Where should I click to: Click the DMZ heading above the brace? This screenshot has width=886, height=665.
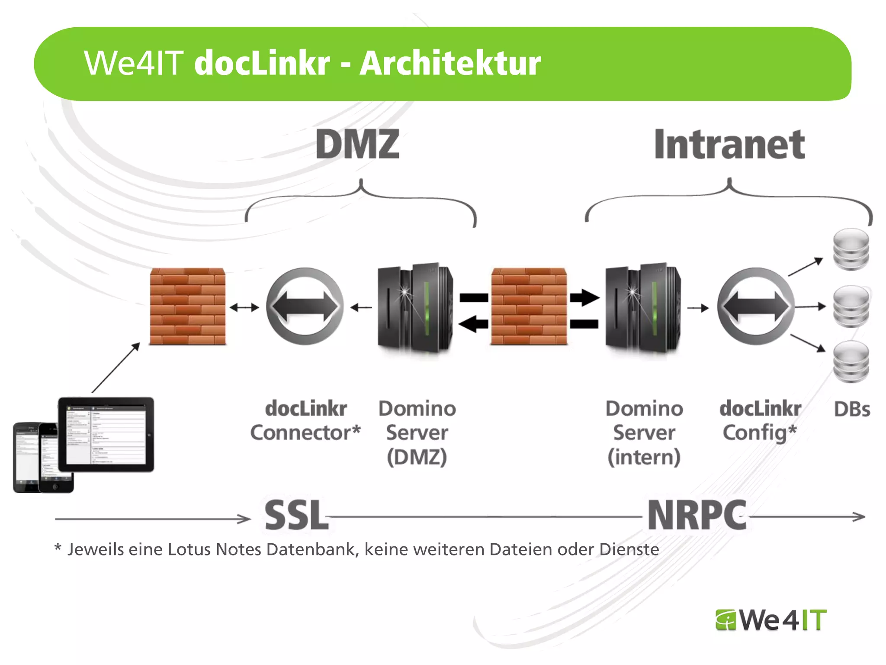click(x=357, y=145)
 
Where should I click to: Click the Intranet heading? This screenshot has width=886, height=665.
click(x=729, y=145)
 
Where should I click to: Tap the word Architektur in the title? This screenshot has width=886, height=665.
click(x=450, y=64)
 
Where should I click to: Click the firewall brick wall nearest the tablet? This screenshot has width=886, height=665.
click(x=187, y=307)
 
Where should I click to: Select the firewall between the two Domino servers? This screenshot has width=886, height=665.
click(x=529, y=307)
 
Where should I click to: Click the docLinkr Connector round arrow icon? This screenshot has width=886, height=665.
click(x=305, y=307)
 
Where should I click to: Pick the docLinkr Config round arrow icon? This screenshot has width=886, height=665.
click(x=755, y=307)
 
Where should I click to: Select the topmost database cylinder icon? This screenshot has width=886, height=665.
click(x=851, y=249)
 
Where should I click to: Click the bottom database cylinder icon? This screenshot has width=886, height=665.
click(x=851, y=362)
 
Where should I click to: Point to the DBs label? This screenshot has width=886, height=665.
click(x=851, y=410)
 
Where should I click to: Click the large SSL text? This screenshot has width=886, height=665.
click(x=296, y=515)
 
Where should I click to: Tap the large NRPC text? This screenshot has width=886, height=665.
click(x=697, y=515)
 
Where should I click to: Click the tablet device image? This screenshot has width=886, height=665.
click(x=106, y=434)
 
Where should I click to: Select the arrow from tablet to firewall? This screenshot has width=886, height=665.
click(x=116, y=367)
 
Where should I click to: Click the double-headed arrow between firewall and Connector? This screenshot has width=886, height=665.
click(x=244, y=308)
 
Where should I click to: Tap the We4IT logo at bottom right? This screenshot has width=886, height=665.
click(x=771, y=620)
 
